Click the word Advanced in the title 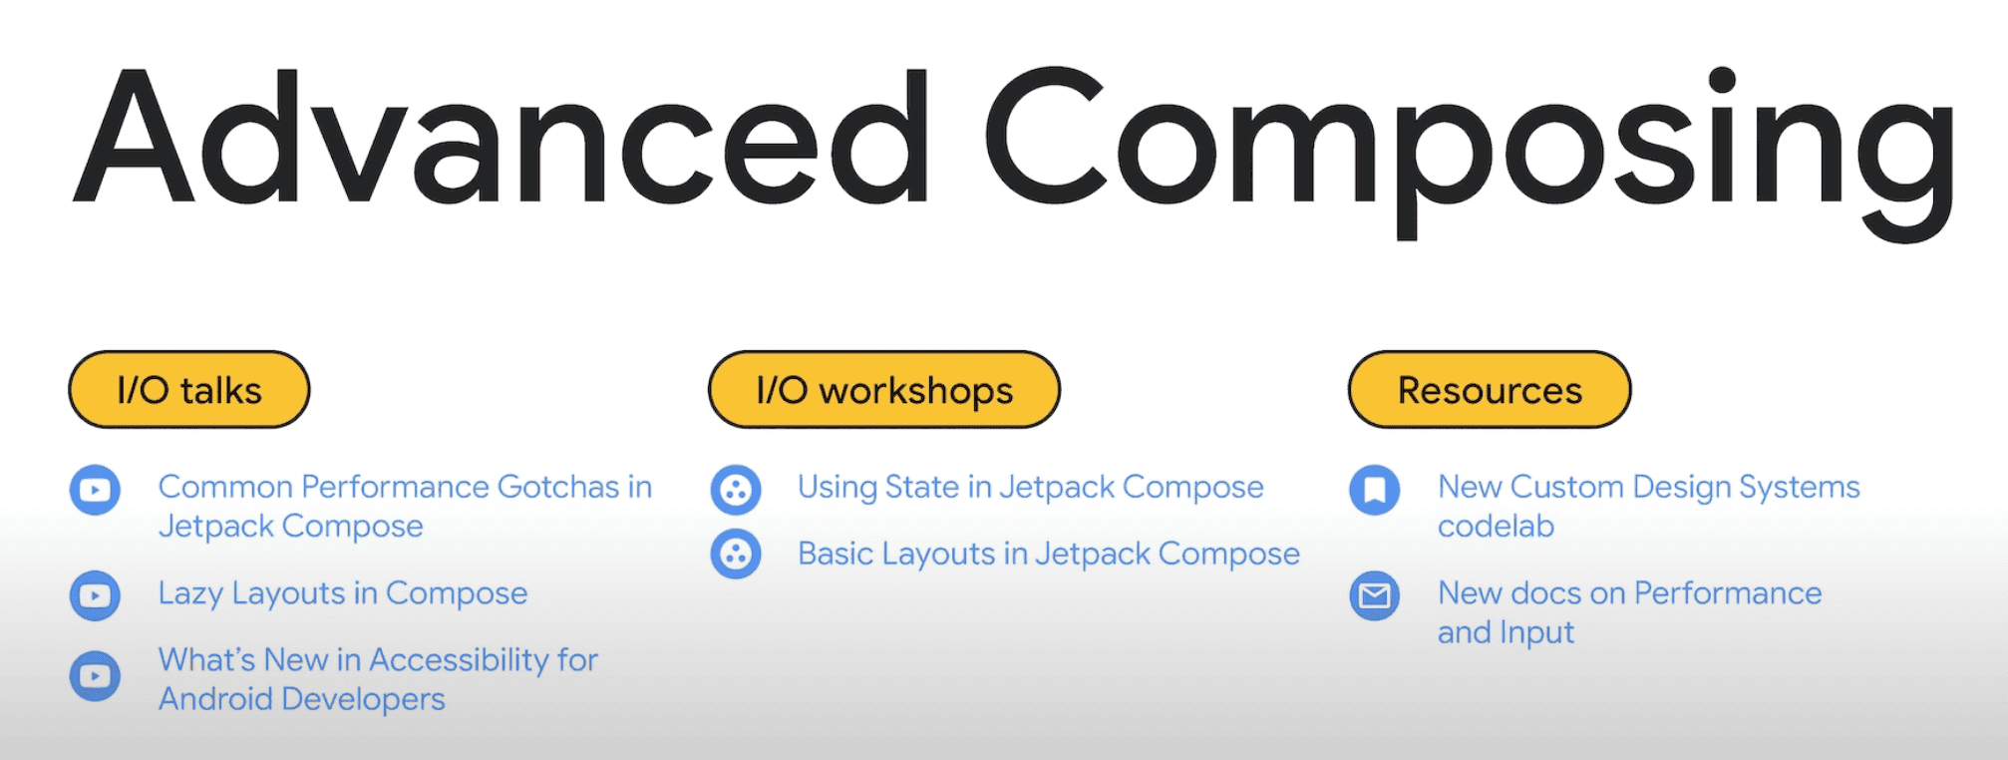point(502,138)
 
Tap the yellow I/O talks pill point(189,390)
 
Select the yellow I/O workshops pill point(884,390)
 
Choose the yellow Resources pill point(1490,390)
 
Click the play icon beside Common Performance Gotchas point(95,491)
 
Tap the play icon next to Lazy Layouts point(95,596)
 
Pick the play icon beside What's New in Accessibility point(95,676)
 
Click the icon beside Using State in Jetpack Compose point(736,491)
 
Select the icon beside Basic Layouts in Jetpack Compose point(736,555)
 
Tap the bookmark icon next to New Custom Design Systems point(1375,490)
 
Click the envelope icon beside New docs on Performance point(1375,595)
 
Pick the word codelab point(1496,526)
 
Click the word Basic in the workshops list point(836,554)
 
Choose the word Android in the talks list point(215,698)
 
